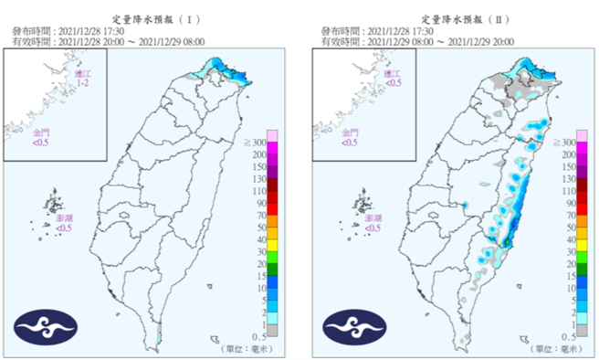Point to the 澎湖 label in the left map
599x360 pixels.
click(63, 224)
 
